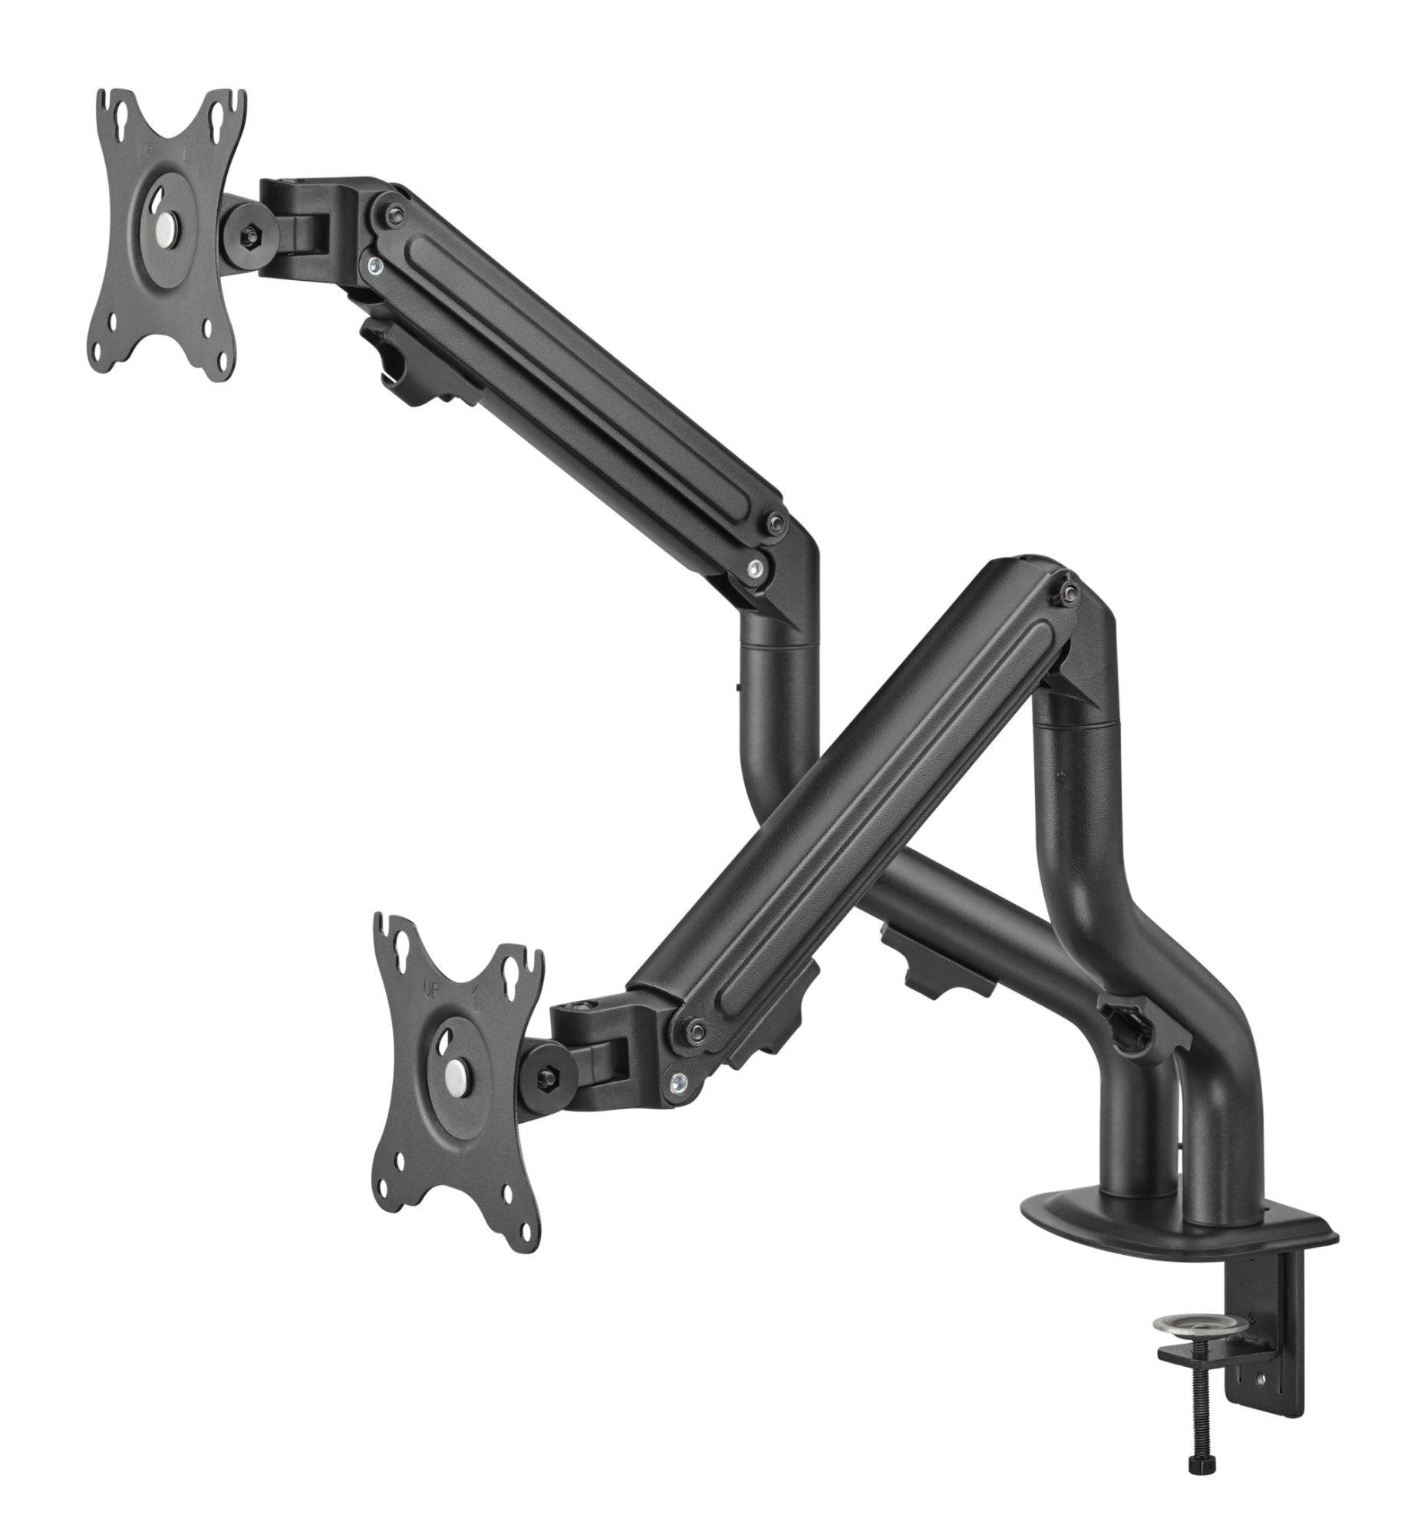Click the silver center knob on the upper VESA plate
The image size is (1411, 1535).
pos(164,228)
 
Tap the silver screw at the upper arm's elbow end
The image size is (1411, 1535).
pos(757,569)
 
